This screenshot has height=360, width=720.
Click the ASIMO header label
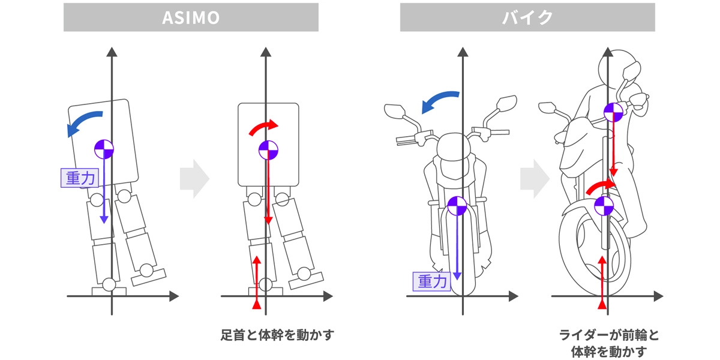click(191, 18)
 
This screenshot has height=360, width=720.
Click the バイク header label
click(527, 18)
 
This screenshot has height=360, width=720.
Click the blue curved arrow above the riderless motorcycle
click(440, 101)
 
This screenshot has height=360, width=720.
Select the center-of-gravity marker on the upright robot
click(268, 150)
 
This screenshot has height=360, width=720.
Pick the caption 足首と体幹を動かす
click(276, 334)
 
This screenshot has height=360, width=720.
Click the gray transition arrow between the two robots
click(194, 178)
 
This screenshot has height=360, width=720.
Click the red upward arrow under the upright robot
click(257, 282)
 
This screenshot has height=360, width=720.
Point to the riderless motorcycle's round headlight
click(455, 148)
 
